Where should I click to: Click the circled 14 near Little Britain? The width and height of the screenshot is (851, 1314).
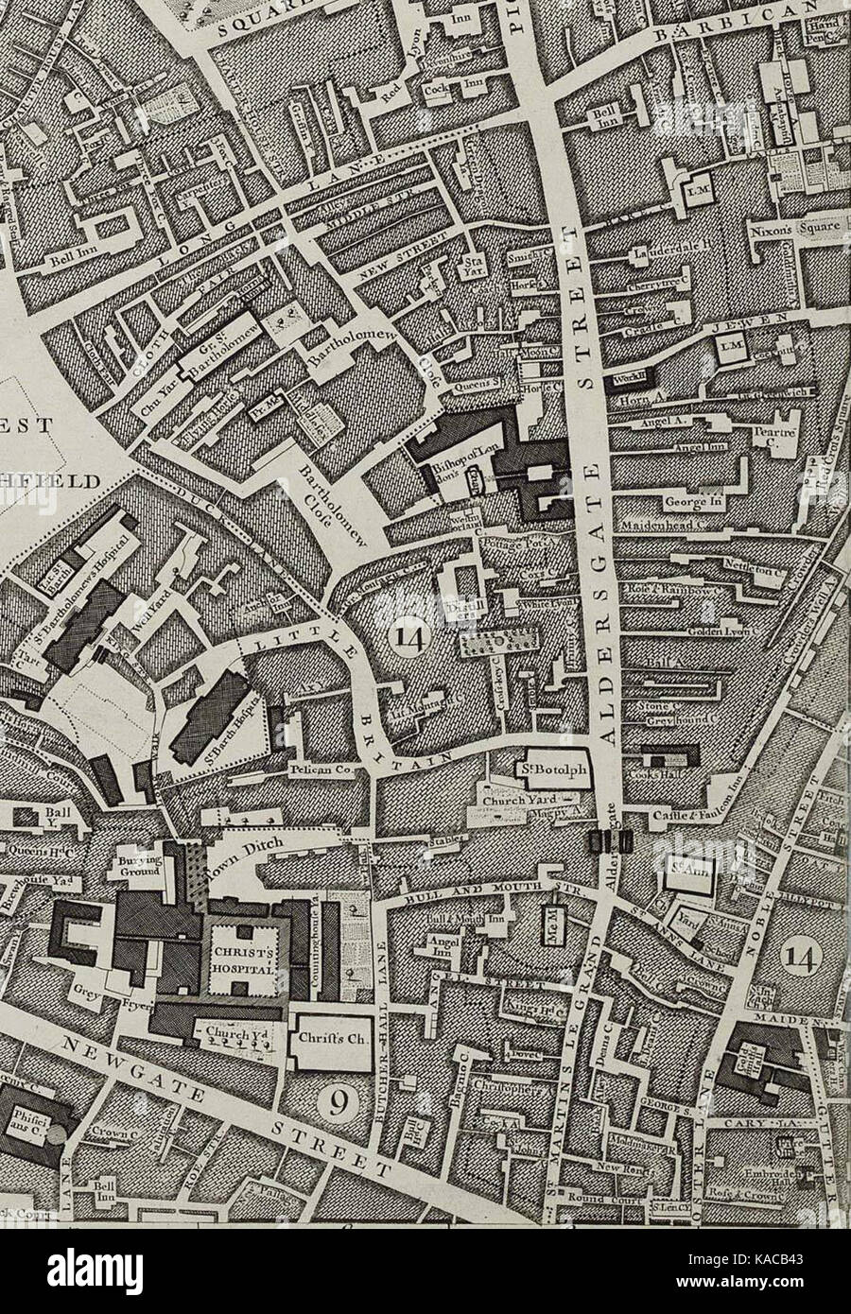click(408, 640)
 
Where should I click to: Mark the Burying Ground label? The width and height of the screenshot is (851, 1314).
click(142, 867)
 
